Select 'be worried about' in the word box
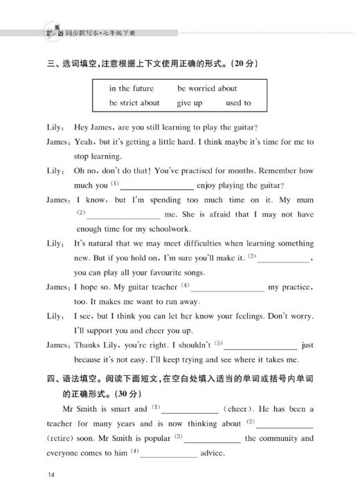207,89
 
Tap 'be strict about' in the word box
134,103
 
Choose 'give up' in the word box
190,103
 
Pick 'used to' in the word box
238,103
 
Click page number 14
51,475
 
